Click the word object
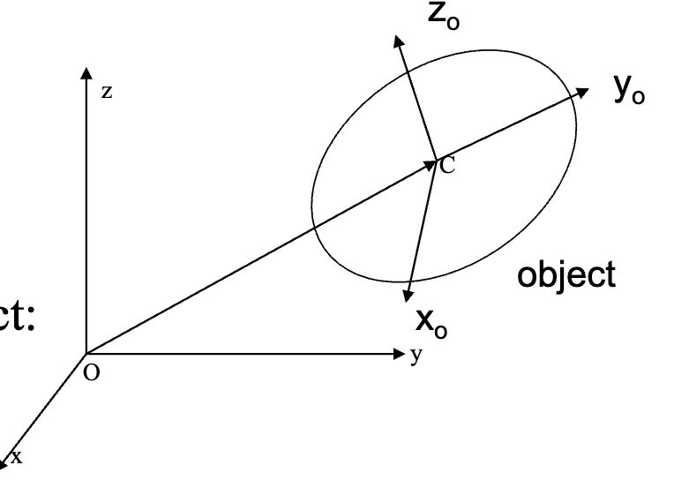click(x=565, y=275)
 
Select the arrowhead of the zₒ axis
click(x=398, y=41)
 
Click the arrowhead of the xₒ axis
click(x=408, y=298)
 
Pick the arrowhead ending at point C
click(x=431, y=162)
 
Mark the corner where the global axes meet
click(x=86, y=355)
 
